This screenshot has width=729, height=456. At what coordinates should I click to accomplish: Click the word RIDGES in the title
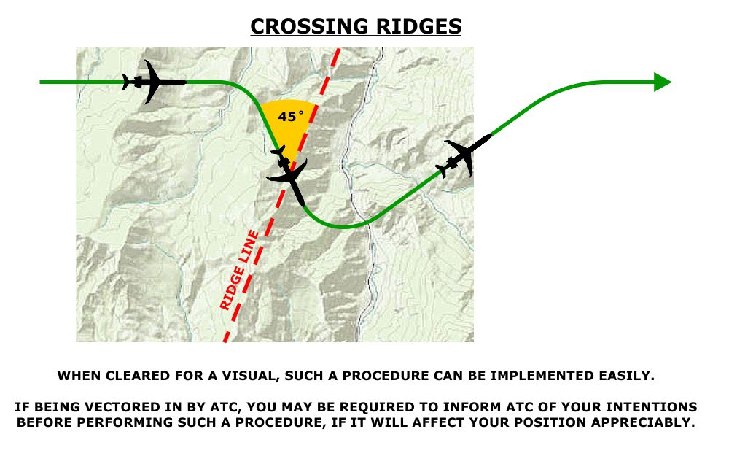419,26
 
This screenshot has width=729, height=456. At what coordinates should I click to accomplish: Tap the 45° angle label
291,116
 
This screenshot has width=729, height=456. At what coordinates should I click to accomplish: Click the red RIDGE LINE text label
239,270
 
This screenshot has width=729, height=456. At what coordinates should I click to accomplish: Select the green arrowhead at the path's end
663,82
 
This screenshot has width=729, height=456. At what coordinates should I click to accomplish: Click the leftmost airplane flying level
154,82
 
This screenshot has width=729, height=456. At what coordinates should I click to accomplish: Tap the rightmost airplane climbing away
463,156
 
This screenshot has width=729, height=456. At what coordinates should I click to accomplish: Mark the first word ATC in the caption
225,407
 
